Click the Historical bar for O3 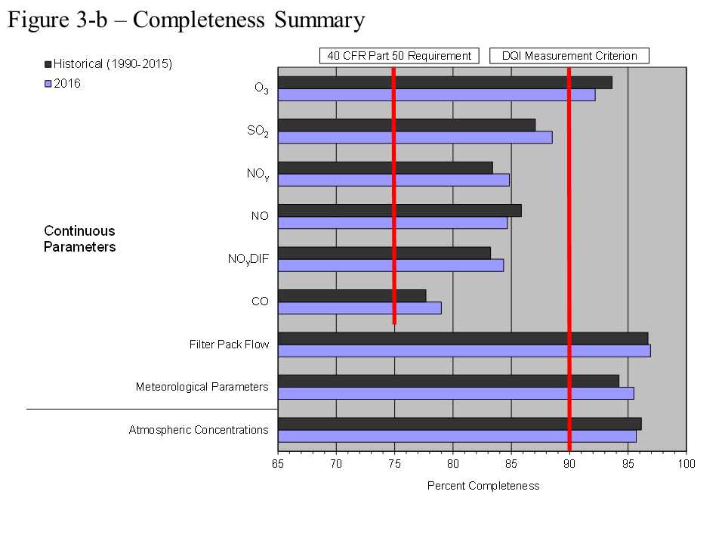coord(445,82)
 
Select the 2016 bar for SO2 coord(415,138)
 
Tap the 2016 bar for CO coord(359,308)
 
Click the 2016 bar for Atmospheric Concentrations coord(457,436)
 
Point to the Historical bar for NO coord(400,210)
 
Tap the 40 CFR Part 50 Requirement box coord(400,56)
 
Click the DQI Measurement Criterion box coord(569,56)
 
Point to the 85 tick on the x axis coord(511,462)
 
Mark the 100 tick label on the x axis coord(686,462)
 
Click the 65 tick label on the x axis coord(278,462)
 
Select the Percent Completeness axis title coord(483,486)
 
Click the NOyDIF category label coord(248,260)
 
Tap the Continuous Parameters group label coord(79,239)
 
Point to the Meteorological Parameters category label coord(202,387)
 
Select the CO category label coord(260,301)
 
